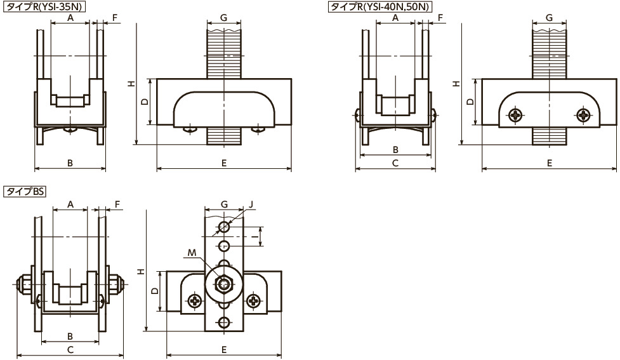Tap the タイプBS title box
click(x=25, y=192)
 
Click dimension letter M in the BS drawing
click(x=192, y=253)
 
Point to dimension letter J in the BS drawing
click(x=251, y=204)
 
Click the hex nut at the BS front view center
click(x=224, y=284)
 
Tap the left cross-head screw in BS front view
click(x=195, y=302)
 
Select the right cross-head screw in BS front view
click(x=253, y=302)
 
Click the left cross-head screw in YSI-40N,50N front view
click(x=517, y=115)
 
